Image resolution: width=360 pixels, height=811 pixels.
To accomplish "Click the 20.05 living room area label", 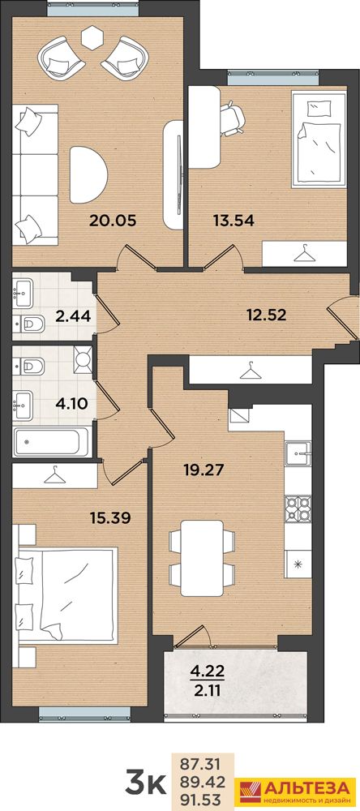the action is [x=113, y=221].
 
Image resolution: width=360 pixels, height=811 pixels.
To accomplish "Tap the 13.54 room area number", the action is [x=234, y=221].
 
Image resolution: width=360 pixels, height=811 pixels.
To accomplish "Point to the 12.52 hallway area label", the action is [x=266, y=315].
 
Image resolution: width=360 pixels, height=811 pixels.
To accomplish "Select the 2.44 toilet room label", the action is [x=74, y=317].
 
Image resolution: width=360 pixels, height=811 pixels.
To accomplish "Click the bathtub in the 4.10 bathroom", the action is [x=52, y=442].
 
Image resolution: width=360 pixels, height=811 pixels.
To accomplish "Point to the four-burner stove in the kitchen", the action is [x=298, y=508].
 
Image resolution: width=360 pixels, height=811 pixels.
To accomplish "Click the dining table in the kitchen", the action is [x=202, y=558].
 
